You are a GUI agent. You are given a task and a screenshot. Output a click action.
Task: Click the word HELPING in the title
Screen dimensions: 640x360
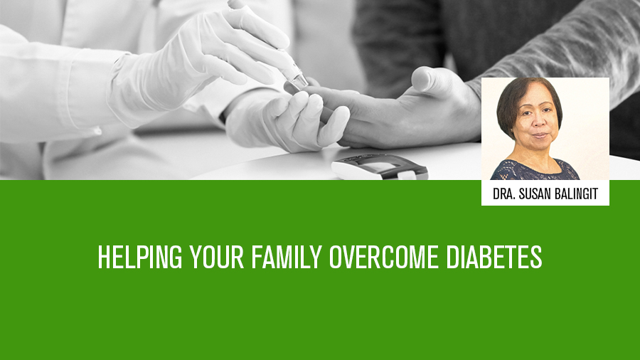point(139,257)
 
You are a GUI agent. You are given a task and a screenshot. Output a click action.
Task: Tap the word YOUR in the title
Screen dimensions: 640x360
point(217,257)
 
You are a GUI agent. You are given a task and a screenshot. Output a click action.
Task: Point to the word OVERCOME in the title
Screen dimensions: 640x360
point(384,257)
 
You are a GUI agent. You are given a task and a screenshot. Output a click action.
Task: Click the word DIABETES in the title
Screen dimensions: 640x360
point(494,257)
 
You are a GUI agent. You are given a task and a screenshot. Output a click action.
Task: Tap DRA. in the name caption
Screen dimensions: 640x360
point(503,194)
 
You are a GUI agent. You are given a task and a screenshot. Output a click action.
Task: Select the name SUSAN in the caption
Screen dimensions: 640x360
point(535,194)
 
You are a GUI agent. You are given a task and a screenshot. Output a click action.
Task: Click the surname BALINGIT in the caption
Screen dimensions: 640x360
point(576,194)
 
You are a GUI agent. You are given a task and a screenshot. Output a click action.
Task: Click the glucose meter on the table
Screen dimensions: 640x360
point(380,166)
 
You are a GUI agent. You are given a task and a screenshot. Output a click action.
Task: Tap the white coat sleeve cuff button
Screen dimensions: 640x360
point(97,131)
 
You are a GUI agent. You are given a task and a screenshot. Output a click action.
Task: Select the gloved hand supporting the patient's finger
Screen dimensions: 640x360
point(286,120)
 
